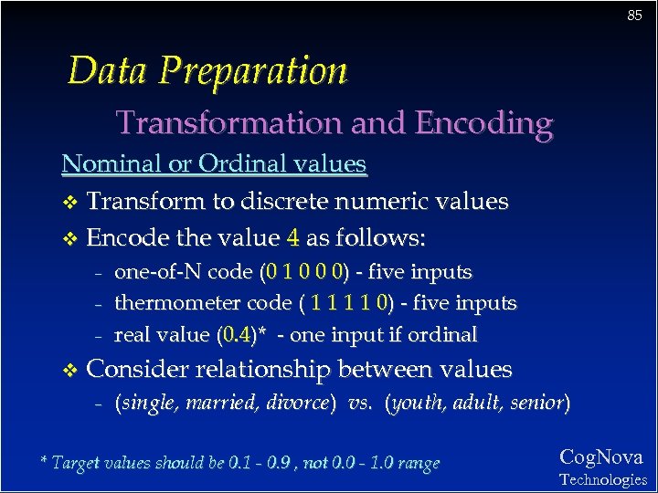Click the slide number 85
(633, 16)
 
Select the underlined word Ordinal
(235, 164)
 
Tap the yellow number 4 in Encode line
(292, 238)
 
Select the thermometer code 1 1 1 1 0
(351, 303)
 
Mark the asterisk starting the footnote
(44, 461)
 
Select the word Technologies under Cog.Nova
(602, 479)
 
